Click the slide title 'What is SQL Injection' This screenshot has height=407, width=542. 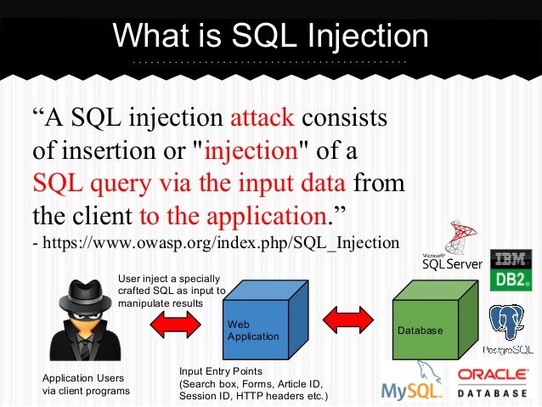coord(270,36)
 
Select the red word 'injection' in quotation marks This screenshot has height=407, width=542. coord(251,150)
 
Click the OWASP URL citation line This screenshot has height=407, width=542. coord(215,243)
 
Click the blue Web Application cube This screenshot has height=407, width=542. coord(258,326)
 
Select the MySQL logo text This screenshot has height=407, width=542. coord(411,389)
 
